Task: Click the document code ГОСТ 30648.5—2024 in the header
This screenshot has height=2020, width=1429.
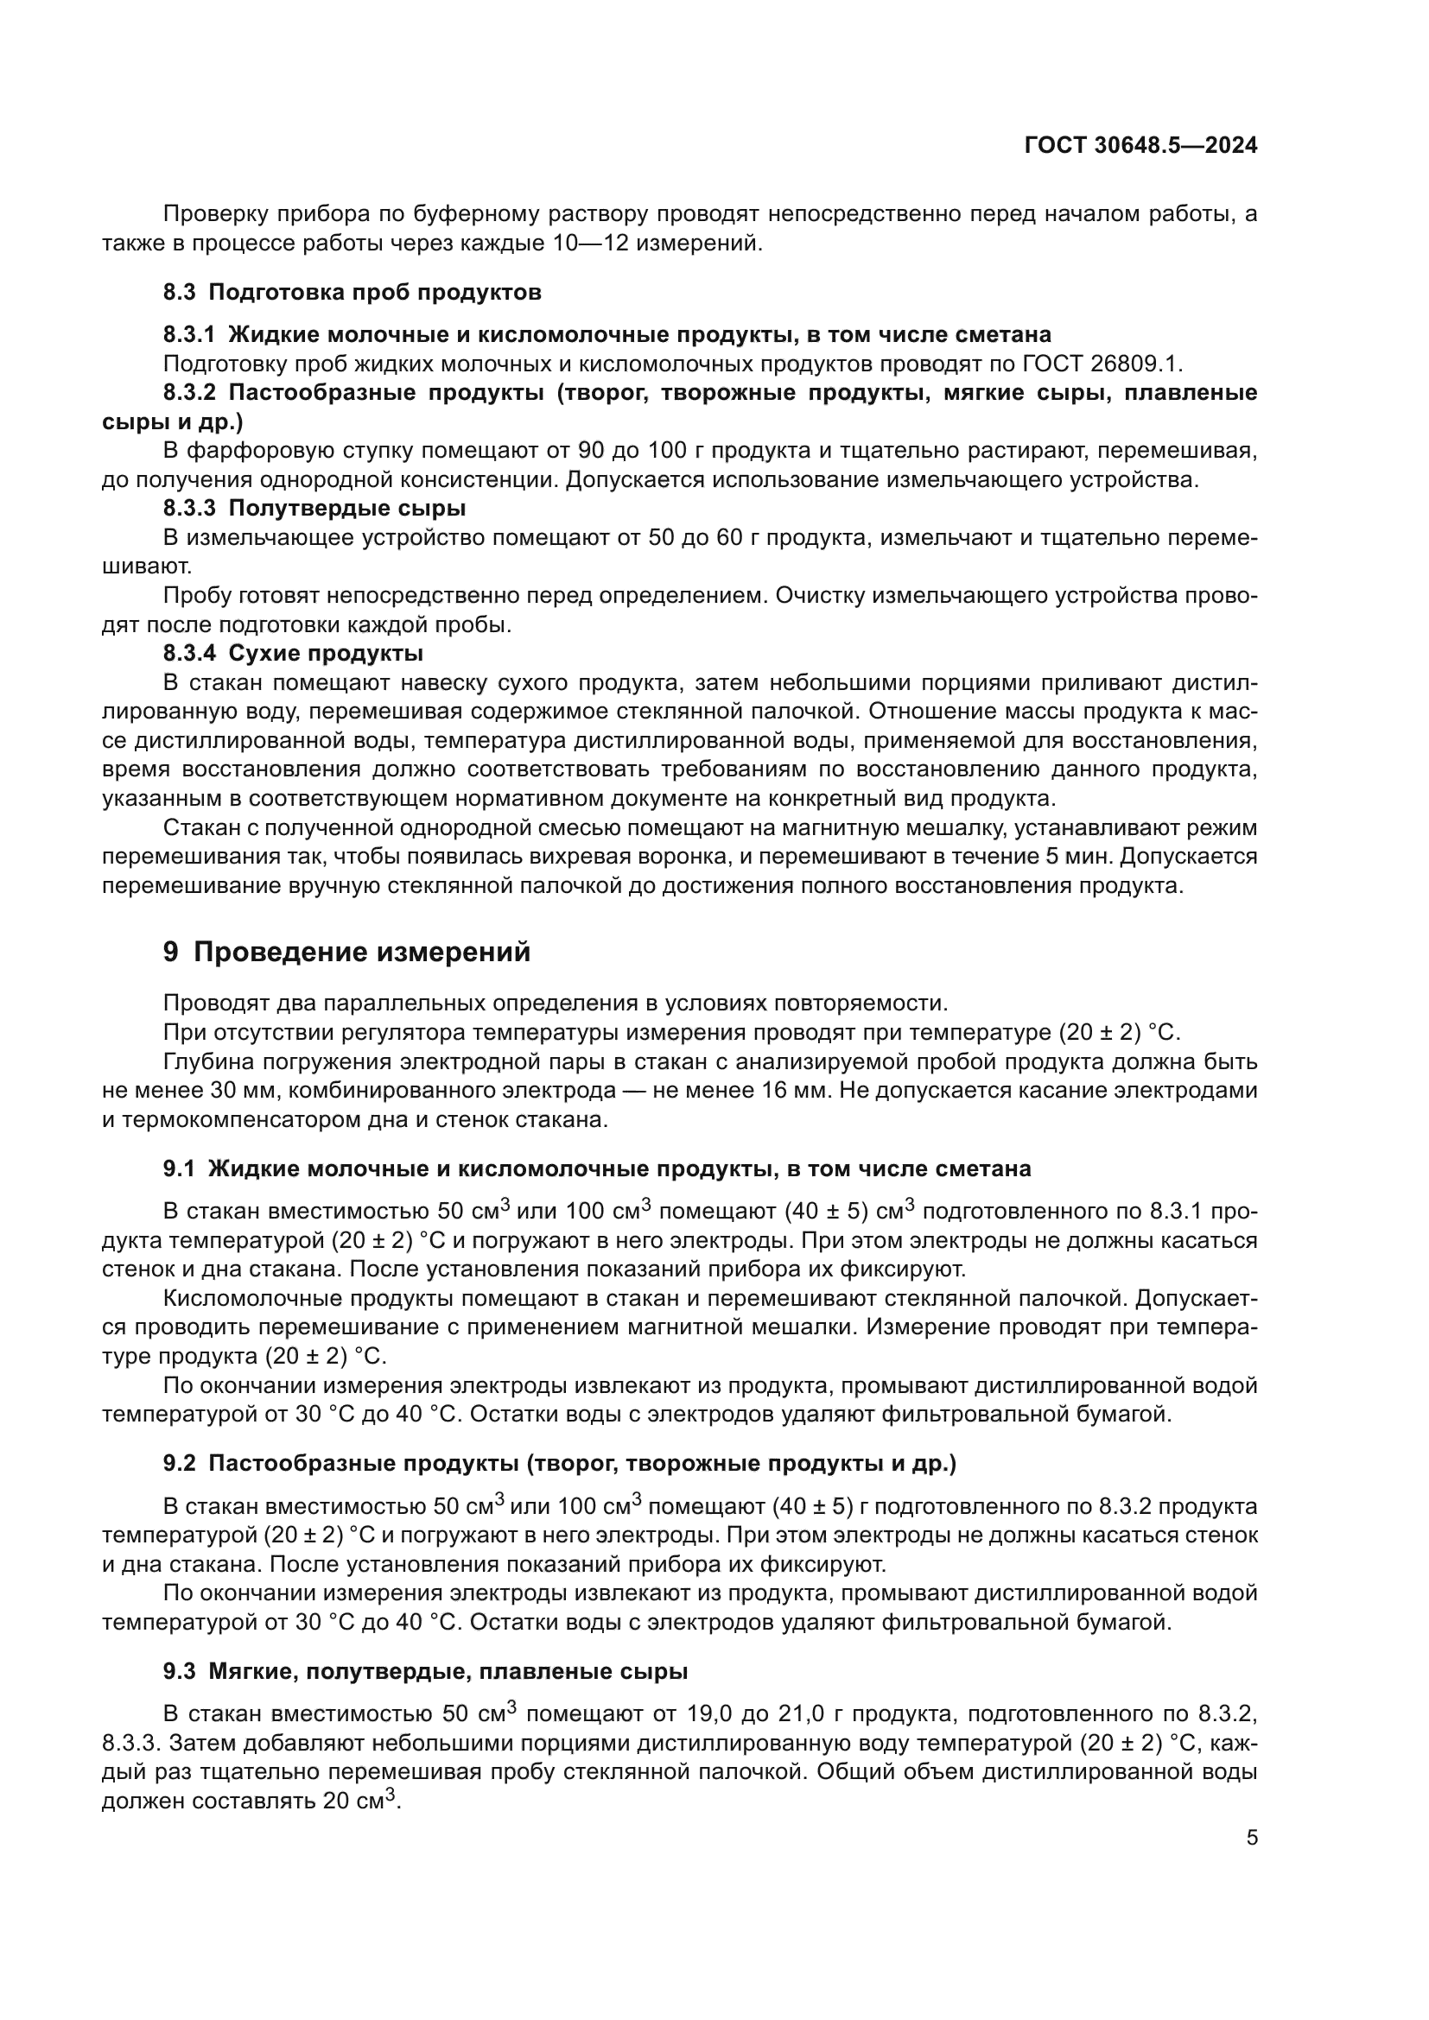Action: click(1140, 145)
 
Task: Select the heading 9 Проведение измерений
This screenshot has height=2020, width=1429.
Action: click(346, 952)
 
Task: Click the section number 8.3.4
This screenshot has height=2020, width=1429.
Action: click(188, 653)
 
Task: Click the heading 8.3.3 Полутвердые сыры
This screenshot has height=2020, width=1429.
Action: click(314, 508)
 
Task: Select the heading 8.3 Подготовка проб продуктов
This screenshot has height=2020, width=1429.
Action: click(352, 292)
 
